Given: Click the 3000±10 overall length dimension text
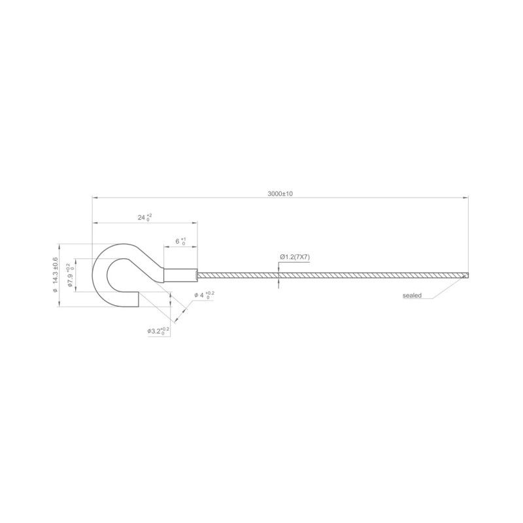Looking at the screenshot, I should coord(280,194).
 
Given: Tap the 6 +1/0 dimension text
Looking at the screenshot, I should coord(180,241).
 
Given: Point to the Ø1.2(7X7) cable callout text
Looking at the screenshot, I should coord(294,257).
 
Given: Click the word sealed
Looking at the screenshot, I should coord(412,295).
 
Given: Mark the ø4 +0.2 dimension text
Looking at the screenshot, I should coord(204,295).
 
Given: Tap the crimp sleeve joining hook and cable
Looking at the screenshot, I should coord(180,275).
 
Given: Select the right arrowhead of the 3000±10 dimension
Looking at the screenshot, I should coord(467,197).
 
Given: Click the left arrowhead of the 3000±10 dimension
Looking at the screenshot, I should coord(94,197).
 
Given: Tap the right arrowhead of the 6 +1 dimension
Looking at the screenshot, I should coord(195,246).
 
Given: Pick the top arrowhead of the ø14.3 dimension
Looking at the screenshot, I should coord(60,246).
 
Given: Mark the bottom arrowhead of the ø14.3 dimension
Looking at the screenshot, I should coord(60,305).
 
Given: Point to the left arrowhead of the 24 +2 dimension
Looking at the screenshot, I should coord(94,223).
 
